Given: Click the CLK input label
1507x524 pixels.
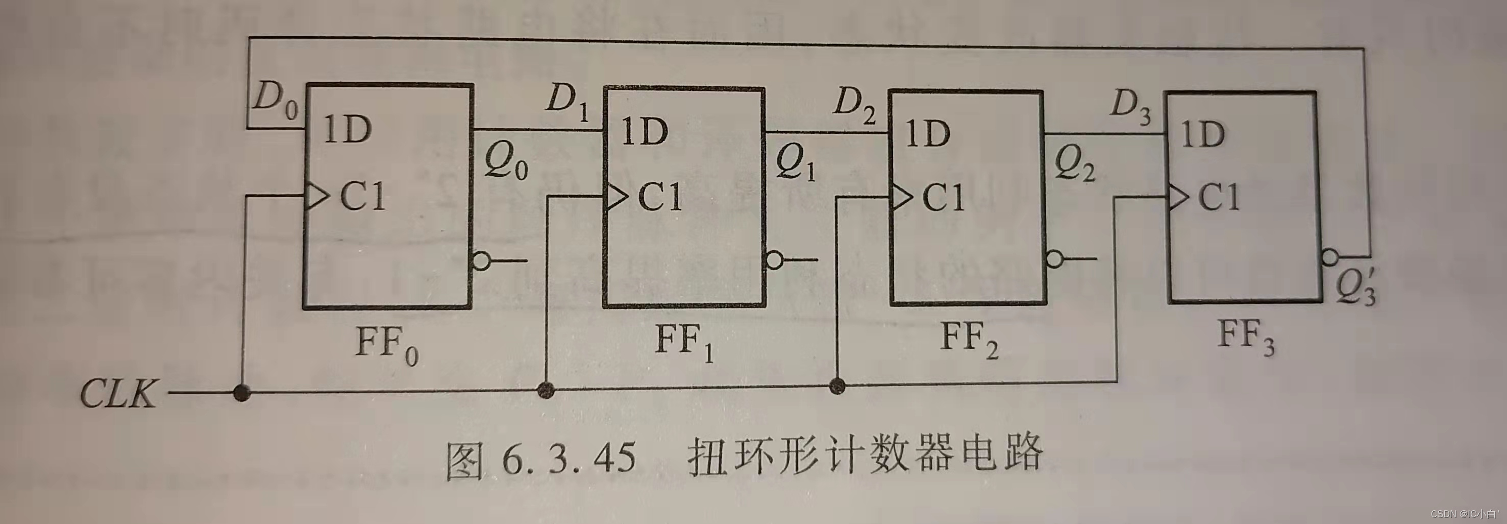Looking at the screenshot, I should [x=119, y=393].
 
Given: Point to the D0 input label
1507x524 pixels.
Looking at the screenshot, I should [x=275, y=103].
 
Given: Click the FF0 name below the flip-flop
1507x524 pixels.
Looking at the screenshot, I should [x=387, y=345].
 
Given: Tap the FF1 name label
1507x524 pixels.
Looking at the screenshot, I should [x=684, y=342].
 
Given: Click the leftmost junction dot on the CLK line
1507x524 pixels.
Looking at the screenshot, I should [x=241, y=392].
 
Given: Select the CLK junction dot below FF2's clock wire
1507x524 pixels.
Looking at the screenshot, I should [x=838, y=387].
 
